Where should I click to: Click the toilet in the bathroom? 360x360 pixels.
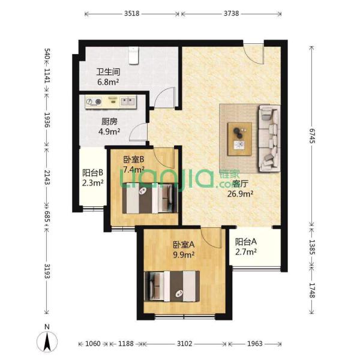[134, 56]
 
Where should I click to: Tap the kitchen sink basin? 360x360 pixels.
[128, 101]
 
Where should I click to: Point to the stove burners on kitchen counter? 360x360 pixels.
[94, 101]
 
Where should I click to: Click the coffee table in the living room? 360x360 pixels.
[239, 139]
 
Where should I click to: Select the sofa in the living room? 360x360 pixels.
[269, 139]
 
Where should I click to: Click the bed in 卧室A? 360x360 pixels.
[172, 286]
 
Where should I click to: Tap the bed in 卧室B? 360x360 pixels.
[150, 198]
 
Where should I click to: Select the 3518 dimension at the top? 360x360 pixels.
[132, 14]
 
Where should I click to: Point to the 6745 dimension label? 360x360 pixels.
[312, 136]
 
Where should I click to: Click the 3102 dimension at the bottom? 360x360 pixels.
[184, 344]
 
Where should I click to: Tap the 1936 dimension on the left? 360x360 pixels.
[47, 120]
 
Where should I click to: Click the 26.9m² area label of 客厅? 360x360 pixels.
[241, 194]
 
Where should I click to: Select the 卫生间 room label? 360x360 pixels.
[108, 72]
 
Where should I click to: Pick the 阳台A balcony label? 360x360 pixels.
[245, 242]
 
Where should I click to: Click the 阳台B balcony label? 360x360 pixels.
[93, 173]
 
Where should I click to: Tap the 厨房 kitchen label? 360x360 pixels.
[109, 121]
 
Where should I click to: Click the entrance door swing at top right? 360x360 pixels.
[253, 54]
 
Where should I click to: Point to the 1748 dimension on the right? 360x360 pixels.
[312, 290]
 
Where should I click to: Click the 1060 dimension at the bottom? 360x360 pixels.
[93, 344]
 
